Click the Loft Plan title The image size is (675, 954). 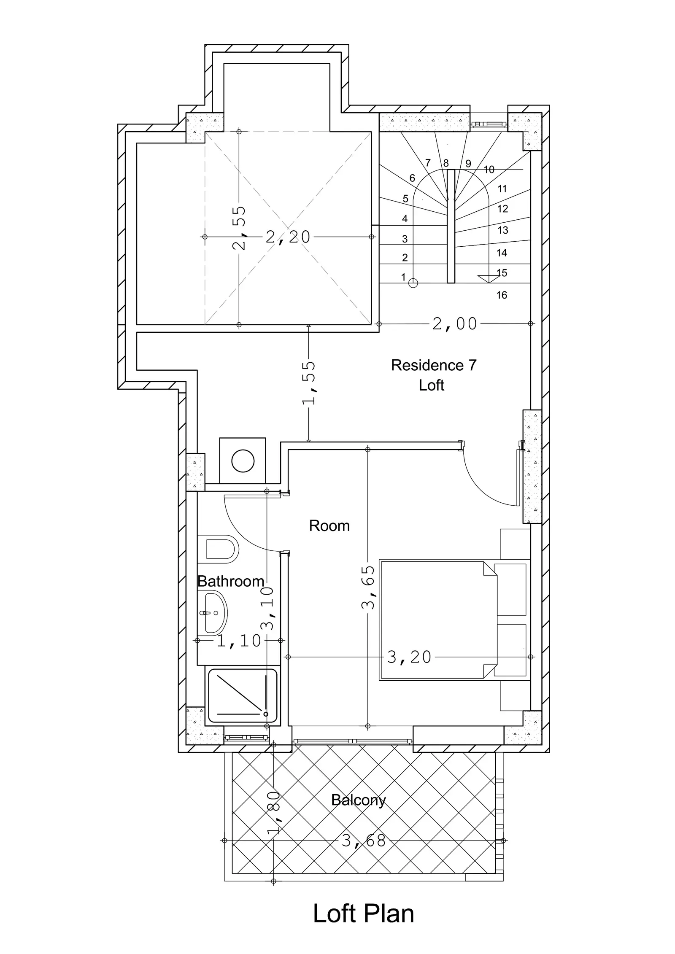coord(363,912)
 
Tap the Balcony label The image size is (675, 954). coord(358,800)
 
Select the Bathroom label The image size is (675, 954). coord(231,581)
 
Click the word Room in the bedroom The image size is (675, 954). coord(329,526)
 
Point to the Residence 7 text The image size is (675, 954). coord(434,365)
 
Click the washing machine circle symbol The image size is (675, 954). coord(243,461)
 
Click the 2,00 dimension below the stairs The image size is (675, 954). coord(455,324)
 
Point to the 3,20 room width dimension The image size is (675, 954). coord(409,657)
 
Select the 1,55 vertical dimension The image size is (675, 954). coord(309,383)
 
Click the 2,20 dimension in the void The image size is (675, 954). coord(288,237)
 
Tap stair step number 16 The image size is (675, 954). coord(502,295)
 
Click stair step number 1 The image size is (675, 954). coord(403,277)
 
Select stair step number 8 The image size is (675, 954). coord(446,163)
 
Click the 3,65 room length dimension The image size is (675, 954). coord(368,587)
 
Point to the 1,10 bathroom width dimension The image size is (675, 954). coord(239,641)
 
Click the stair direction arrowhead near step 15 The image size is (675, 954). coord(489,279)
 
